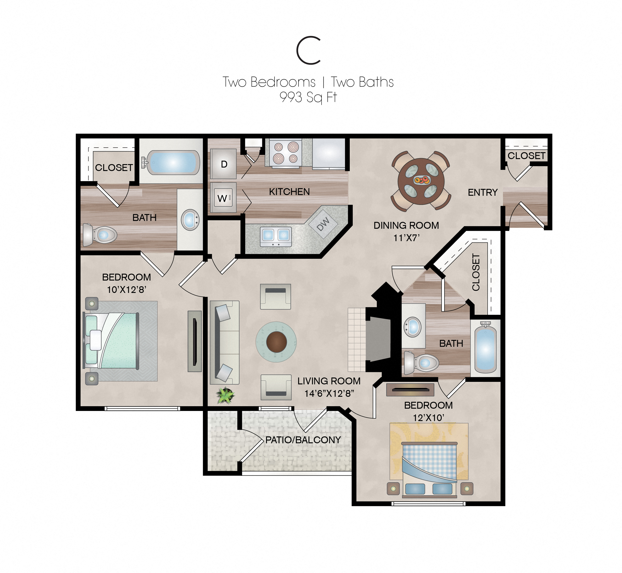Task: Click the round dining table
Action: pyautogui.click(x=421, y=181)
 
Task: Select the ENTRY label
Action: pyautogui.click(x=482, y=193)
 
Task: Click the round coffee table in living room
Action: pyautogui.click(x=276, y=342)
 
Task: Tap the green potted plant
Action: pyautogui.click(x=225, y=396)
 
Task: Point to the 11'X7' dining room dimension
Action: pyautogui.click(x=406, y=238)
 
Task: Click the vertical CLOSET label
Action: pyautogui.click(x=476, y=272)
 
